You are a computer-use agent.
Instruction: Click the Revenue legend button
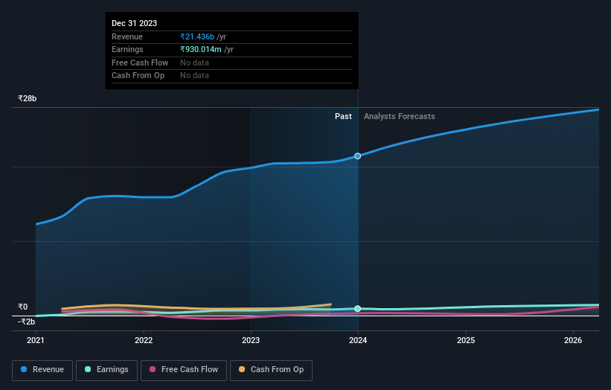(x=42, y=369)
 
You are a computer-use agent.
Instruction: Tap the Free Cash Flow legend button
(x=183, y=369)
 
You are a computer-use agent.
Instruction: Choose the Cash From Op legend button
(x=271, y=369)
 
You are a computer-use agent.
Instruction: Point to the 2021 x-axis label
(x=36, y=340)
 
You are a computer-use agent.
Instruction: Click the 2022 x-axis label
(x=144, y=340)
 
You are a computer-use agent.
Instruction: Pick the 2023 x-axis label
(x=251, y=340)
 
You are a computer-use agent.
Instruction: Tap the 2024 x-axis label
(x=358, y=340)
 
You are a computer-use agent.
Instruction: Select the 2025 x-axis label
(x=466, y=340)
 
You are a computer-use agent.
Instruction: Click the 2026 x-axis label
(x=573, y=340)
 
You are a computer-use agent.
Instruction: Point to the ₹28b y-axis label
(x=28, y=98)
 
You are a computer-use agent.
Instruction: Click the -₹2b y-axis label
(x=27, y=322)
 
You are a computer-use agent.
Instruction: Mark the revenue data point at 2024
(x=358, y=156)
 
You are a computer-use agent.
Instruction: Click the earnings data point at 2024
(x=358, y=308)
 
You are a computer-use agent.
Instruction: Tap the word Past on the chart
(x=343, y=116)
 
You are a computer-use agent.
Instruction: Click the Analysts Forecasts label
(x=399, y=116)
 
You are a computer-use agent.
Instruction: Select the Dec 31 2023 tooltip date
(x=134, y=24)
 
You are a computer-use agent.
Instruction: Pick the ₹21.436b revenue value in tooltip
(x=196, y=36)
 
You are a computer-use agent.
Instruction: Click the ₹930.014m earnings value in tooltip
(x=201, y=49)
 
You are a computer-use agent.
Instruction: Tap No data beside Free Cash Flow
(x=194, y=63)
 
